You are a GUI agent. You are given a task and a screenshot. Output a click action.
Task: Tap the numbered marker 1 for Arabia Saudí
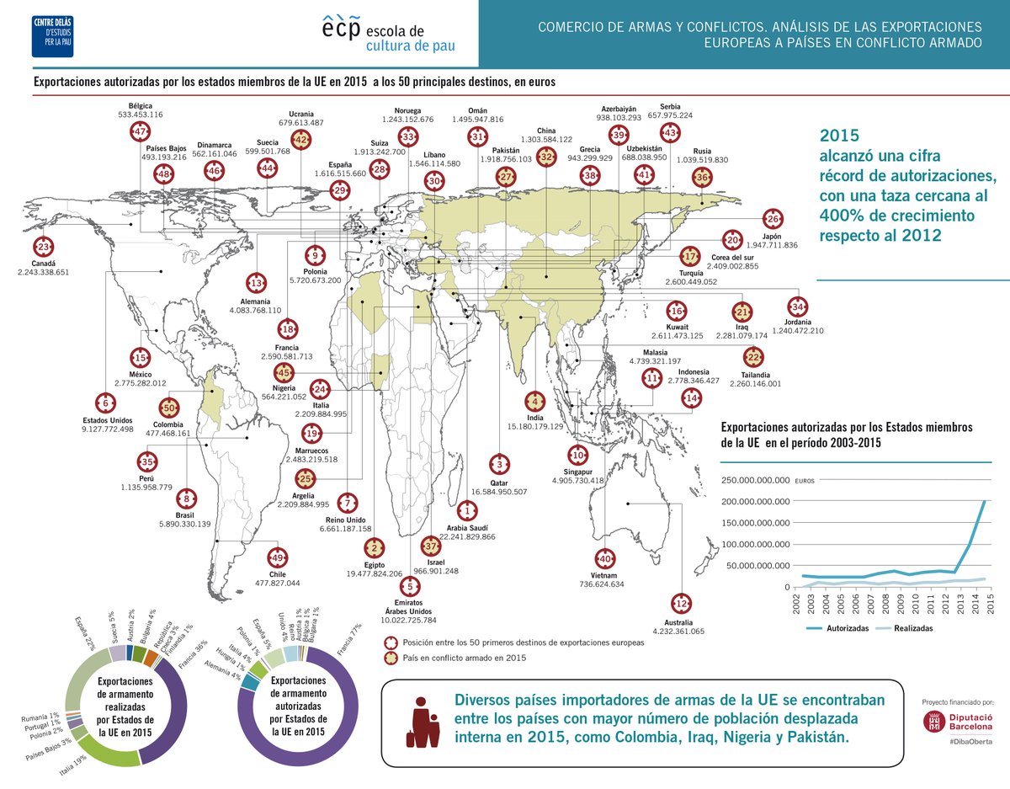(x=466, y=510)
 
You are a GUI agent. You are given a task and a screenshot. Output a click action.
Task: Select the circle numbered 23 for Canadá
(x=44, y=248)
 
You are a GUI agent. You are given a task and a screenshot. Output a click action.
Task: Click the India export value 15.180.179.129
(x=534, y=427)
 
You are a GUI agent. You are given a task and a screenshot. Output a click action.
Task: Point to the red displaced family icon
(x=423, y=721)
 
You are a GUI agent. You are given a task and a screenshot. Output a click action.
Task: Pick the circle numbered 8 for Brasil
(x=186, y=498)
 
